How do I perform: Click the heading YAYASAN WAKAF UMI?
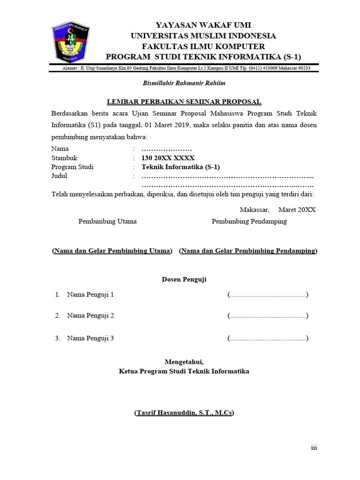(x=203, y=25)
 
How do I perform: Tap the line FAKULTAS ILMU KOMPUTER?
(x=203, y=46)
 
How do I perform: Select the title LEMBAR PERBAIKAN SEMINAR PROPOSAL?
(x=184, y=102)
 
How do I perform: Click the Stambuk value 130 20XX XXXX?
(x=168, y=158)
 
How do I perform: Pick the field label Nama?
(x=60, y=149)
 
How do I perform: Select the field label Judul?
(x=59, y=176)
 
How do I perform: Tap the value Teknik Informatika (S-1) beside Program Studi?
(x=180, y=167)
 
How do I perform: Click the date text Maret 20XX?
(x=297, y=210)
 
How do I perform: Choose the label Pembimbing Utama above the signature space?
(x=107, y=221)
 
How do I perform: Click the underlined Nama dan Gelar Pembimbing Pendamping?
(x=248, y=251)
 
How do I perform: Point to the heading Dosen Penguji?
(x=184, y=279)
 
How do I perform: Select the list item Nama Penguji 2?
(x=90, y=315)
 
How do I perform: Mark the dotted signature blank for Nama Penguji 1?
(x=268, y=295)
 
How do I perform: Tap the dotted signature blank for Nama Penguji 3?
(x=268, y=338)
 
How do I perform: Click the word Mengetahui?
(x=184, y=361)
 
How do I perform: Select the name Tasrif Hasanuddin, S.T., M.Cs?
(x=184, y=413)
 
